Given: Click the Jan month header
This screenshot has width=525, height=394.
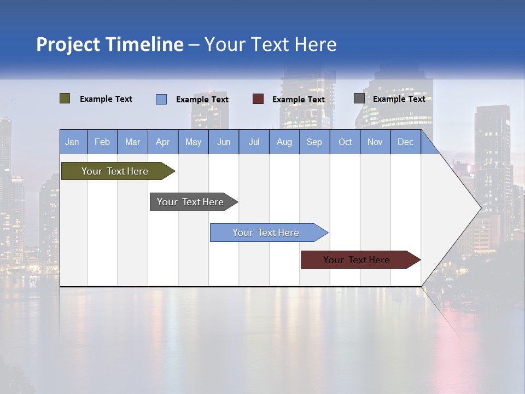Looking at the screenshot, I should click(73, 142).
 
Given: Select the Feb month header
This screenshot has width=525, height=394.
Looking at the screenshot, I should click(102, 142).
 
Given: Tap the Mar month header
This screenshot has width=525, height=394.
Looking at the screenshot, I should click(132, 142).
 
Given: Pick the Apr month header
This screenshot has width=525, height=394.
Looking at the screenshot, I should click(163, 142).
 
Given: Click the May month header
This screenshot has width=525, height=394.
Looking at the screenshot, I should click(193, 142).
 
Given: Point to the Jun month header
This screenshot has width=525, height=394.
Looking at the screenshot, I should click(224, 142).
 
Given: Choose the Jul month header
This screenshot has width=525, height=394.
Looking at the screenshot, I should click(254, 142).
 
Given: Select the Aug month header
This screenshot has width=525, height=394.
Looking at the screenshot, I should click(284, 142).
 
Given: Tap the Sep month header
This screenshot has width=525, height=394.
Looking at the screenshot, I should click(314, 142).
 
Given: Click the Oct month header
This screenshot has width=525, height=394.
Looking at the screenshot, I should click(345, 142).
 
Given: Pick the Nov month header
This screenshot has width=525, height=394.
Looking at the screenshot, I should click(375, 142).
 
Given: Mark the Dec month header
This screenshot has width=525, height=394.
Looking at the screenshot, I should click(406, 142).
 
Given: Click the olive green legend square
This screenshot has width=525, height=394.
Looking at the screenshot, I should click(65, 99).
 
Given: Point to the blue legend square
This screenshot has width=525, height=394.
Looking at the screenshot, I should click(161, 99).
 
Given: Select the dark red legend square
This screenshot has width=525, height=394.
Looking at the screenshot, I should click(258, 99).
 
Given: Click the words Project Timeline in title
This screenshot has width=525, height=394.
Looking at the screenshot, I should click(109, 44).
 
